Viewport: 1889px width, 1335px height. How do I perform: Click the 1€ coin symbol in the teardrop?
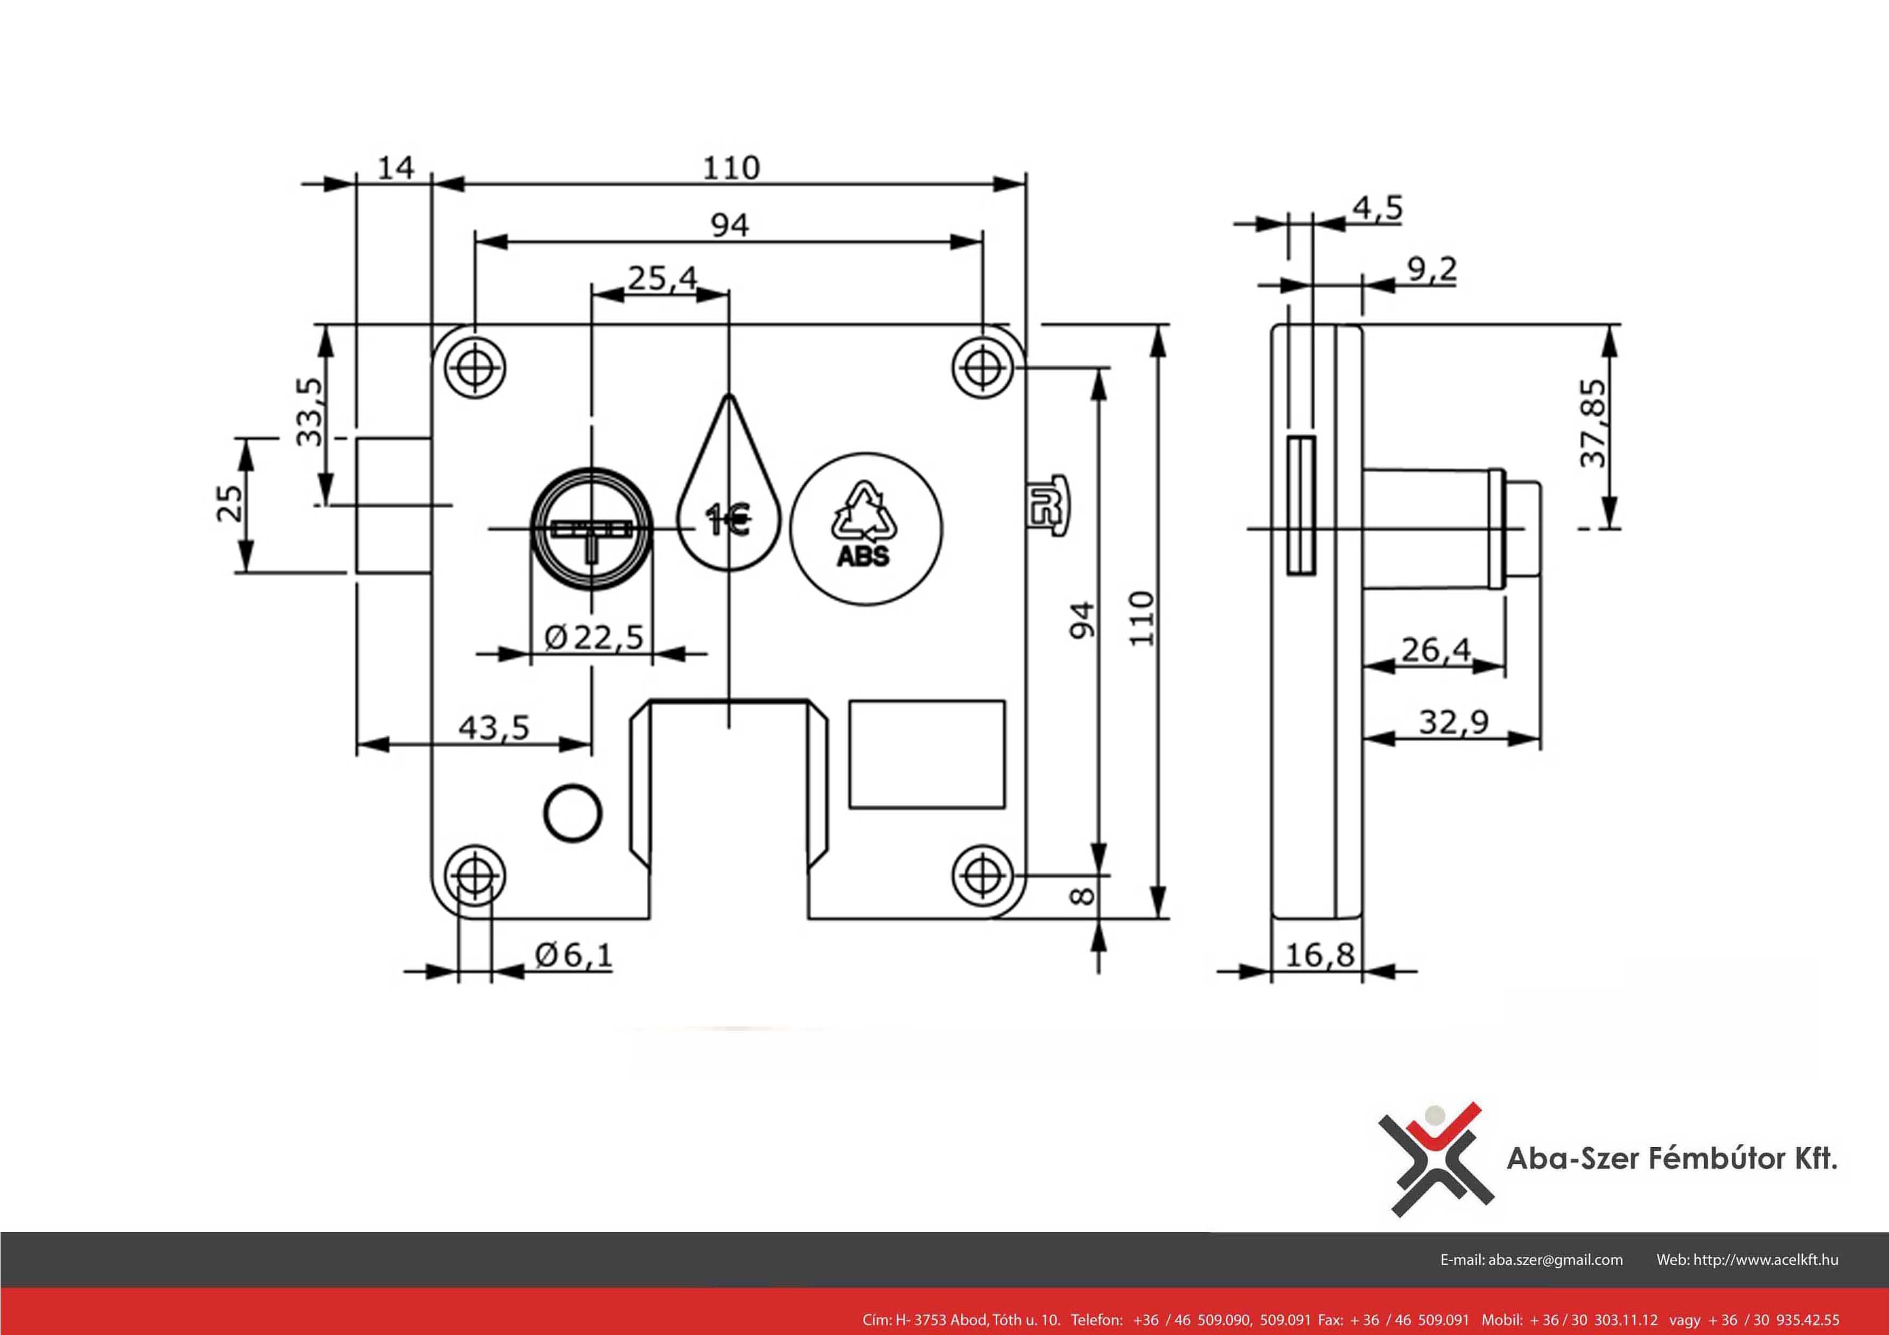(x=728, y=520)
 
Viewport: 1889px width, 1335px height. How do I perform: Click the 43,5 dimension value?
(x=494, y=728)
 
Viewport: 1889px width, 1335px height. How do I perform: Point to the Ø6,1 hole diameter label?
(x=573, y=955)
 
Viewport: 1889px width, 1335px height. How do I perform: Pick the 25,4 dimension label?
(x=662, y=278)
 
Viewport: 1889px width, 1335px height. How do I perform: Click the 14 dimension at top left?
(x=396, y=168)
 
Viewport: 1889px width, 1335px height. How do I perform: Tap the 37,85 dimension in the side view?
(x=1593, y=423)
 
